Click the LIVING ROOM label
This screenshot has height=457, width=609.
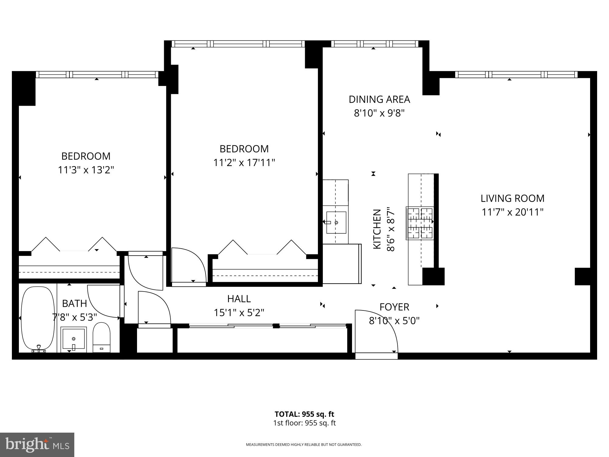click(512, 198)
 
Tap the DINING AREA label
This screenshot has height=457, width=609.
click(379, 99)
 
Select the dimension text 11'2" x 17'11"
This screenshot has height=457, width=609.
click(244, 163)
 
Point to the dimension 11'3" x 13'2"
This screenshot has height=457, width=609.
click(86, 170)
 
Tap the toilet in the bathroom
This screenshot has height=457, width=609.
click(101, 338)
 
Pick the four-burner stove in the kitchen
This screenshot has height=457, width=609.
click(420, 223)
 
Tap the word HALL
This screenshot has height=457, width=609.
click(239, 299)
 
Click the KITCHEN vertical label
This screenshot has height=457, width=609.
click(377, 229)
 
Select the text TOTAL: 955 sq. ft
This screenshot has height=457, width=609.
click(304, 414)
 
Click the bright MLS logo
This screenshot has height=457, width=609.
click(37, 445)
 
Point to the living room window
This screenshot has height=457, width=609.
click(516, 75)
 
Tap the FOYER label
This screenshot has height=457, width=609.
click(394, 307)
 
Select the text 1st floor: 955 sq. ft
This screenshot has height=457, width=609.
click(304, 423)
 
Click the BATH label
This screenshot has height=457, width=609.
click(74, 303)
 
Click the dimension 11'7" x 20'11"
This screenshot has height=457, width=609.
click(512, 212)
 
